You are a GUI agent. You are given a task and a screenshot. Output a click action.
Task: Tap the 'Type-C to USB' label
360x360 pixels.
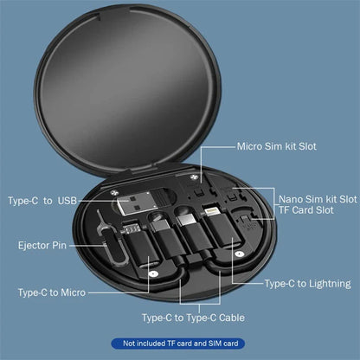coord(42,201)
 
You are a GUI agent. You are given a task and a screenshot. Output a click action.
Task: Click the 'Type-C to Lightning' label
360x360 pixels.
coord(307,283)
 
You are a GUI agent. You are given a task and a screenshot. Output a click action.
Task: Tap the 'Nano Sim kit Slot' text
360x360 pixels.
coord(316,198)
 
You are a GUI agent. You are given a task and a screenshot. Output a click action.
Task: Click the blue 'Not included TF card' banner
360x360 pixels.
coord(180,344)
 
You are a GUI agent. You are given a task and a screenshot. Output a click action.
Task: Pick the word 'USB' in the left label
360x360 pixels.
coord(66,201)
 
